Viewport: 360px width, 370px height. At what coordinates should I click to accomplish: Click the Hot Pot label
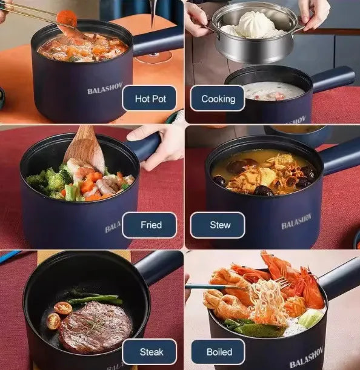[149, 98]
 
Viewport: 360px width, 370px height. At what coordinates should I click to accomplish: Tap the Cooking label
[218, 98]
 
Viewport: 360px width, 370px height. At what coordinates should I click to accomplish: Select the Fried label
[150, 225]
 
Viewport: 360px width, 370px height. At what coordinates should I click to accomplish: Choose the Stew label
[219, 225]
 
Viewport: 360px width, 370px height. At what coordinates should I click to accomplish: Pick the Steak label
[150, 352]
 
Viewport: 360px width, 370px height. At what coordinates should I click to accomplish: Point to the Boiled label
[218, 352]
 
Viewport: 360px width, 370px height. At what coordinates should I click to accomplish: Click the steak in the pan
[95, 327]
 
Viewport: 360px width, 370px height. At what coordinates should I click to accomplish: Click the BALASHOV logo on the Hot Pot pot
[105, 90]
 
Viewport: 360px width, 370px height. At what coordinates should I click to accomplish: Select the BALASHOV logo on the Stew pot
[297, 222]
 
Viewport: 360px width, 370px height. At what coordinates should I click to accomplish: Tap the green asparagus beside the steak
[95, 299]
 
